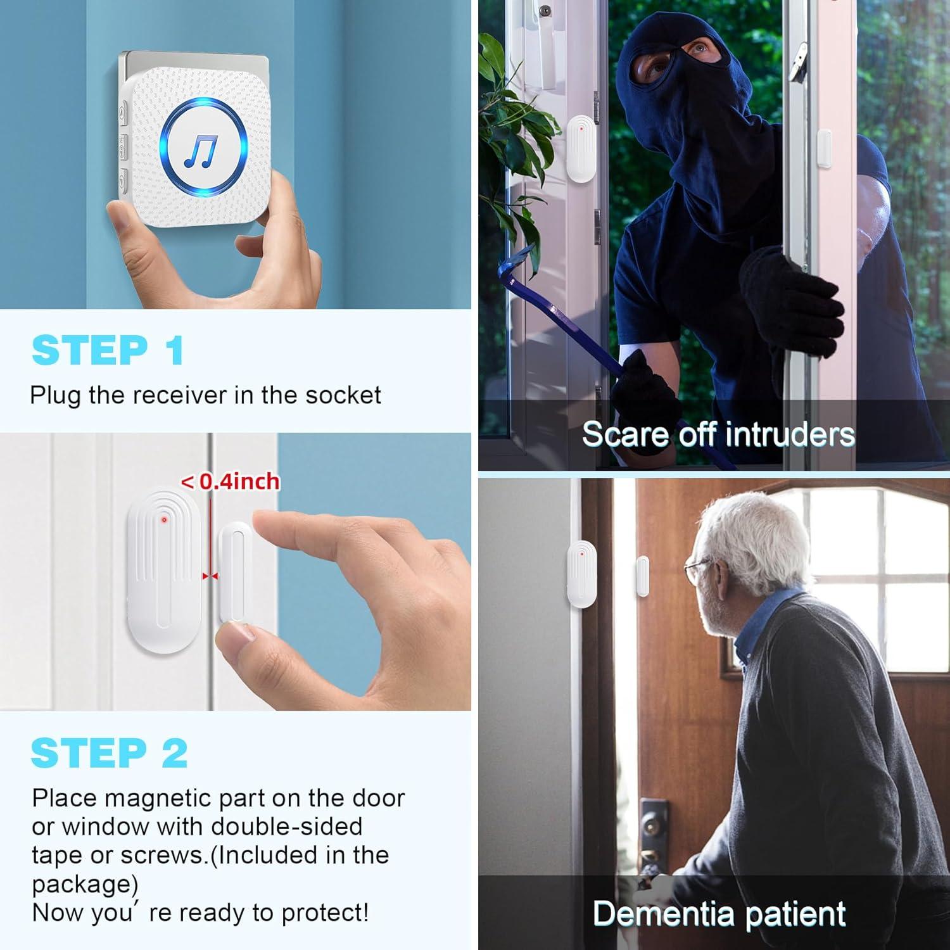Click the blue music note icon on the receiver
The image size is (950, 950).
tap(201, 151)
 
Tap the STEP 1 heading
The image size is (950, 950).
tap(108, 350)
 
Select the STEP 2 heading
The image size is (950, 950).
tap(109, 753)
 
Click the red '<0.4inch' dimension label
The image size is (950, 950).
tap(231, 482)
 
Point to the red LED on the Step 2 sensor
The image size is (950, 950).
tap(164, 520)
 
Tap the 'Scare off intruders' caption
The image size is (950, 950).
tap(718, 434)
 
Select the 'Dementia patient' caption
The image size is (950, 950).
tap(719, 913)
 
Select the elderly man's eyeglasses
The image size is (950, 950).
tap(697, 566)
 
